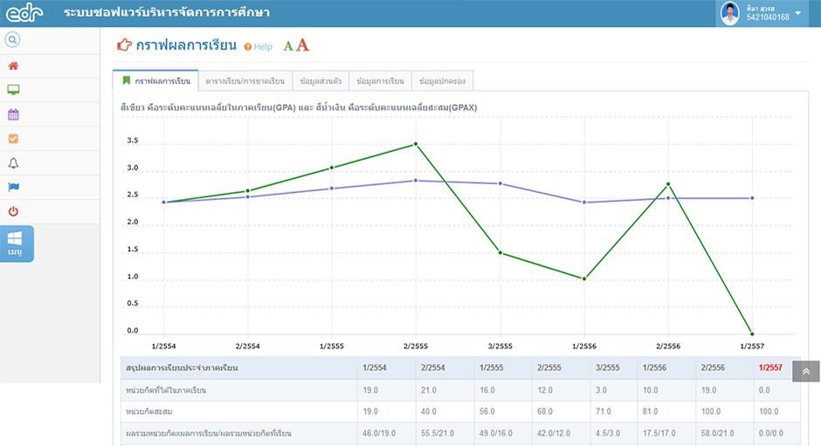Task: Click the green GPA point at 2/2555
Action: [416, 143]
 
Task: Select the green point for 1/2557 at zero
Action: [752, 333]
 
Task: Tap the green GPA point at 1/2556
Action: [584, 278]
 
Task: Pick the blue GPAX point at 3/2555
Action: [500, 184]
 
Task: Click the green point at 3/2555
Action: [500, 253]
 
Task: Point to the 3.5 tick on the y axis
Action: [133, 141]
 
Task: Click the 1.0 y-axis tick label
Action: [133, 277]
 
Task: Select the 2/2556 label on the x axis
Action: [668, 346]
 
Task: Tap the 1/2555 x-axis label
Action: [331, 346]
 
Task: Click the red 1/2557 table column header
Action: [770, 367]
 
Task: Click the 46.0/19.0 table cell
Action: [379, 434]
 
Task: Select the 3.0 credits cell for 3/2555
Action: [601, 390]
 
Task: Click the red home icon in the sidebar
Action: [13, 66]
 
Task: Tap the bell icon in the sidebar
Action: [13, 163]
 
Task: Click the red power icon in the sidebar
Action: [13, 211]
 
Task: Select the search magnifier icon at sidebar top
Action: [12, 40]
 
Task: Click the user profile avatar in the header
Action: [730, 13]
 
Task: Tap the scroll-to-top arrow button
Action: [806, 371]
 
